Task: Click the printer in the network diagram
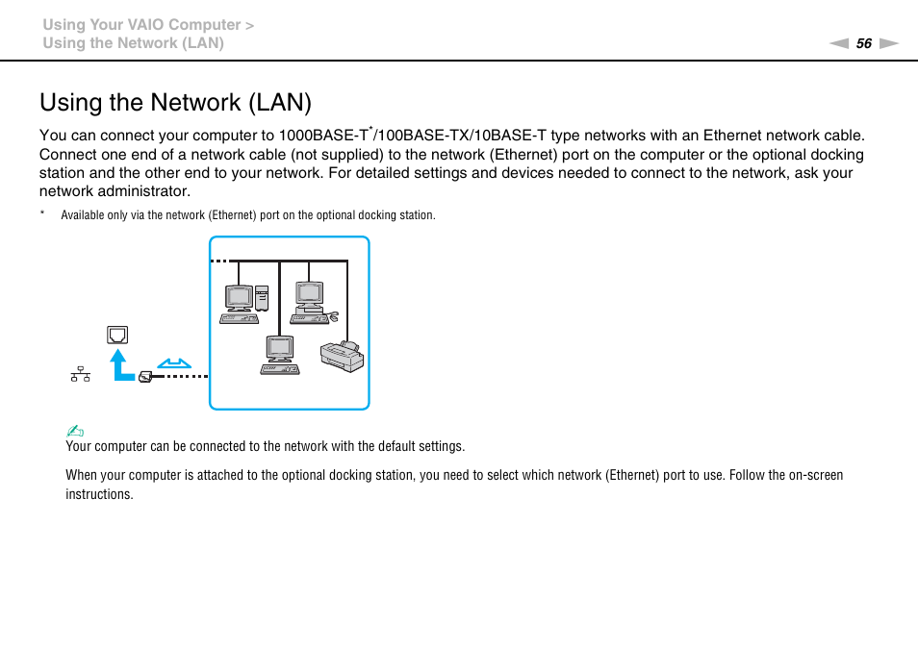point(342,356)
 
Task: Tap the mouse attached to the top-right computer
point(333,316)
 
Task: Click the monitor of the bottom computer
point(279,349)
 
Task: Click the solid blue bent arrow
point(121,365)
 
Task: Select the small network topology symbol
point(81,374)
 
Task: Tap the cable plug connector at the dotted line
point(145,376)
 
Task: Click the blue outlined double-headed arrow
point(174,363)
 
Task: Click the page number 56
point(863,43)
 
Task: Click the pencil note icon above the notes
point(73,431)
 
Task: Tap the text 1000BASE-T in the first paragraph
point(324,136)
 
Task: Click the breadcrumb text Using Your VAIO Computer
point(142,25)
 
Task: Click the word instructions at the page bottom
point(99,494)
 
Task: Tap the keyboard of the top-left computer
point(238,318)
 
